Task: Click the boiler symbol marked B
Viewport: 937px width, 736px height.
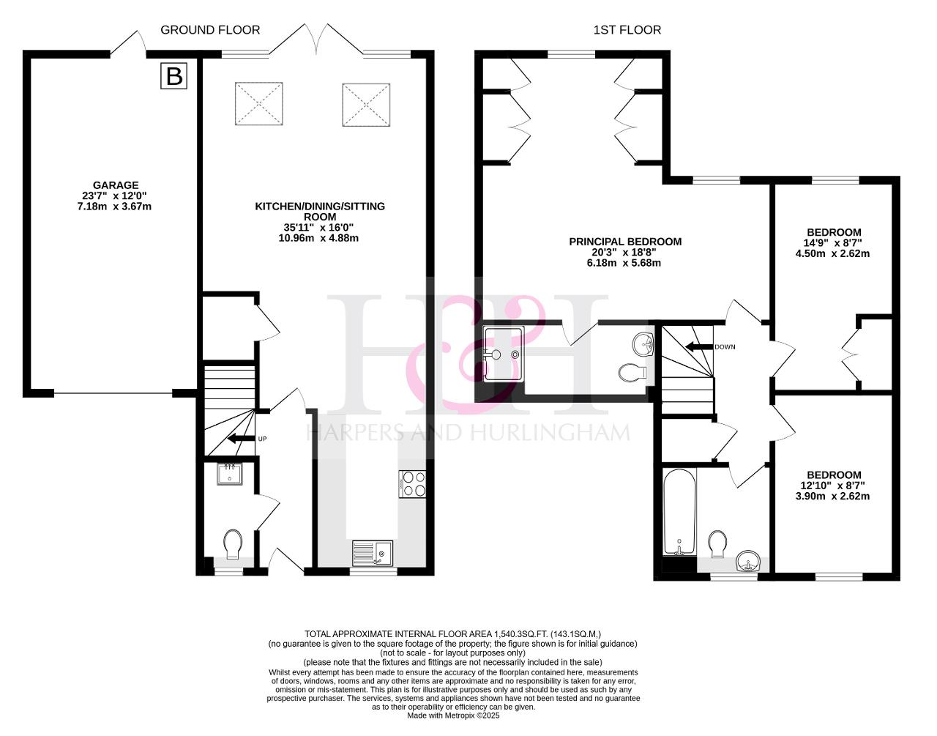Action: click(173, 76)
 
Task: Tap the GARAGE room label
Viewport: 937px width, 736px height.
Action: click(116, 185)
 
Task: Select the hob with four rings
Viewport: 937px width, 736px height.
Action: click(412, 484)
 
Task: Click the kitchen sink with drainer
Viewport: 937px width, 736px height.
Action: click(373, 553)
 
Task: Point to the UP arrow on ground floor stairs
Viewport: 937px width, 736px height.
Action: click(241, 439)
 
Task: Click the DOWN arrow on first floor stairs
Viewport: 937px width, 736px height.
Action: click(699, 346)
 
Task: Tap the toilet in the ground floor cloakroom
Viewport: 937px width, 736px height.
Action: click(234, 544)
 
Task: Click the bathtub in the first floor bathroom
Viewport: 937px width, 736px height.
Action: click(679, 513)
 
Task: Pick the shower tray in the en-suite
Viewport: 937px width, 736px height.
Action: click(504, 354)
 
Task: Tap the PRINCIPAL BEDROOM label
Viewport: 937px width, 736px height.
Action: click(625, 242)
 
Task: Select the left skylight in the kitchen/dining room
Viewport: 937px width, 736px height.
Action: click(258, 103)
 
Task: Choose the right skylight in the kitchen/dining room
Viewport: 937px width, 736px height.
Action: click(366, 105)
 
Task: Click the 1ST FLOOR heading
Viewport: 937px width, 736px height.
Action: click(627, 30)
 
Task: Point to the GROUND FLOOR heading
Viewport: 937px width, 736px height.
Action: click(210, 30)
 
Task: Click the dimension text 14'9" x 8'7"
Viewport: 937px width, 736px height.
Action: click(834, 242)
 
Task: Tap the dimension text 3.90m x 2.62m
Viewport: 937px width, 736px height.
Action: click(832, 496)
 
